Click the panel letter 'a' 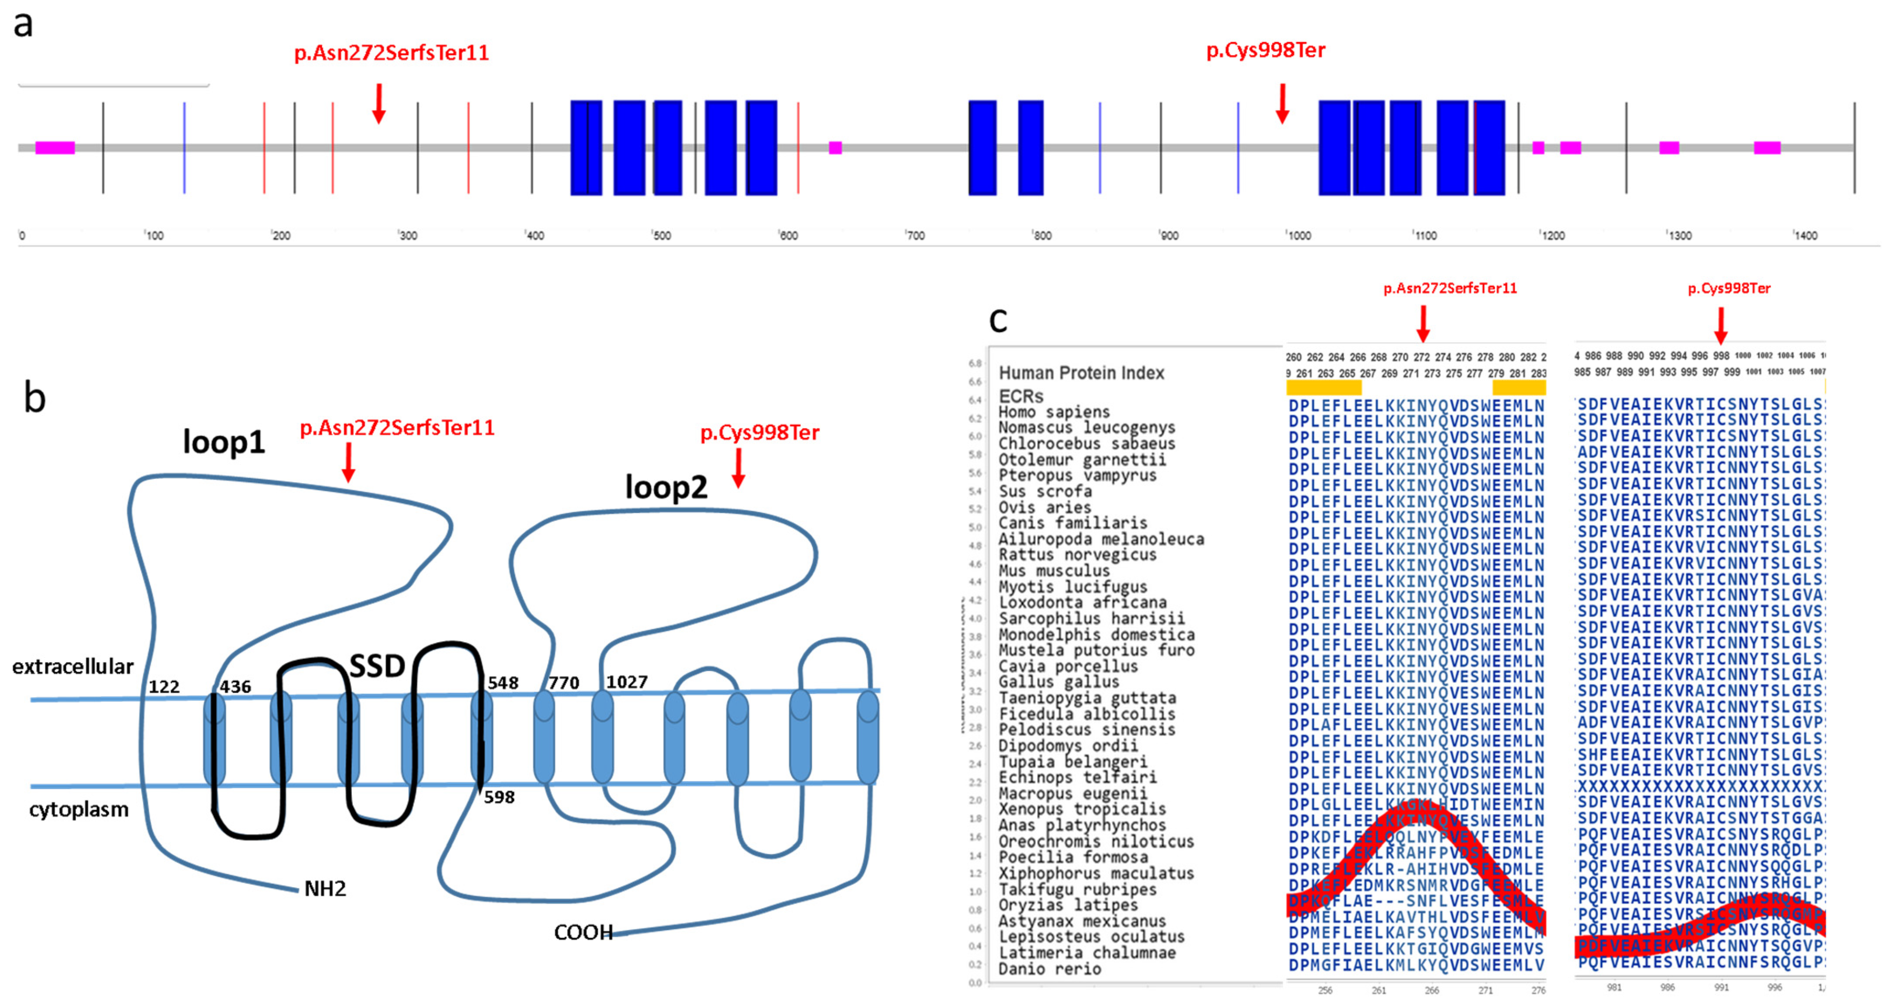[x=24, y=24]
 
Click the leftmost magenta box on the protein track [x=55, y=148]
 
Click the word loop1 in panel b [x=223, y=443]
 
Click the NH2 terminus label [x=324, y=889]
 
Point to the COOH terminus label [x=583, y=932]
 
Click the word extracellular [x=73, y=667]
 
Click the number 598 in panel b [x=500, y=797]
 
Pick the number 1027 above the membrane [x=627, y=682]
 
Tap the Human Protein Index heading [x=1081, y=373]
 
